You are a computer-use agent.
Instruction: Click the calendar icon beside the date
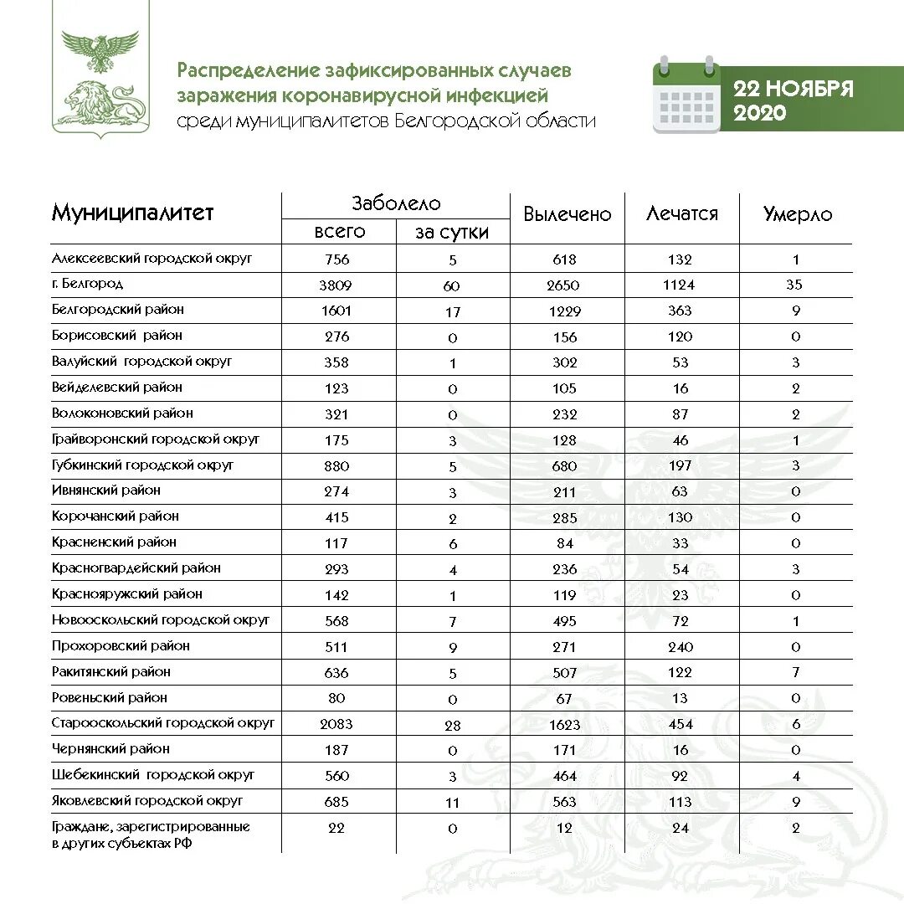pos(686,95)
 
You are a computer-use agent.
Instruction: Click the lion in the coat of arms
pos(99,101)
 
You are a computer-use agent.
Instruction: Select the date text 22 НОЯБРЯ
pos(793,89)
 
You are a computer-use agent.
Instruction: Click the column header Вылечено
pos(567,214)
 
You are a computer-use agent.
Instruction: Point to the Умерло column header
pos(797,214)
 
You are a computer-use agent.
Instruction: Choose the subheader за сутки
pos(451,233)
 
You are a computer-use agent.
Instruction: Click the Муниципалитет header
pos(132,213)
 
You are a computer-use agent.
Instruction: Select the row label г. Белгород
pos(87,284)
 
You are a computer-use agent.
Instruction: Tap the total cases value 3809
pos(336,285)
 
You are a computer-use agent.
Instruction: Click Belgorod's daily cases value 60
pos(451,285)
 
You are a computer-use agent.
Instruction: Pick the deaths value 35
pos(794,285)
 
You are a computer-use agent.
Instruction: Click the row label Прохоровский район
pos(121,645)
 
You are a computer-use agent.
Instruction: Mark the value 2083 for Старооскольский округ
pos(336,724)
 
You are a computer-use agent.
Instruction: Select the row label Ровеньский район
pos(109,697)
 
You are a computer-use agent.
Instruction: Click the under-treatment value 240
pos(680,647)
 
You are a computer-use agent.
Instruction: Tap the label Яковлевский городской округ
pos(147,800)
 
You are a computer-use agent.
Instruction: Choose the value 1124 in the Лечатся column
pos(679,285)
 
